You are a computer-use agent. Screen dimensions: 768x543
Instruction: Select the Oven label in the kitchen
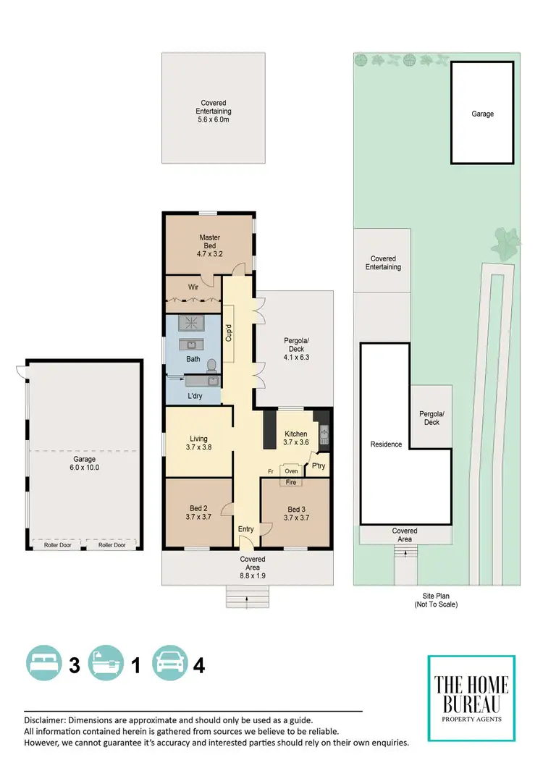click(293, 470)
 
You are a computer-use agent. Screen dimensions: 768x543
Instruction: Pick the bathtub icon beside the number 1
click(106, 663)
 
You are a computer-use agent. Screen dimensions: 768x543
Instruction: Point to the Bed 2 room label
click(198, 512)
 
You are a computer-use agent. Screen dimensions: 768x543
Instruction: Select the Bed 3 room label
click(298, 513)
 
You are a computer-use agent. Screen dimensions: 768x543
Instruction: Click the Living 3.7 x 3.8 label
click(199, 443)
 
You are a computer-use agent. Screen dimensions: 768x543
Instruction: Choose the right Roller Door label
click(111, 545)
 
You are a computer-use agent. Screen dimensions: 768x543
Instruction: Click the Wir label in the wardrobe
click(193, 287)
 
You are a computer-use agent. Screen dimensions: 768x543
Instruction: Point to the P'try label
click(318, 467)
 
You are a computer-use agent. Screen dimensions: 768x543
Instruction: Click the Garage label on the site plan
click(483, 114)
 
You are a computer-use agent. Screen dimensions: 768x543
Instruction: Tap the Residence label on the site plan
click(386, 444)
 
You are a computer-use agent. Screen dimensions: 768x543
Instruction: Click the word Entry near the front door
click(246, 529)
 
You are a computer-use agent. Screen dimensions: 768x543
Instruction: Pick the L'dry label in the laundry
click(194, 397)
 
